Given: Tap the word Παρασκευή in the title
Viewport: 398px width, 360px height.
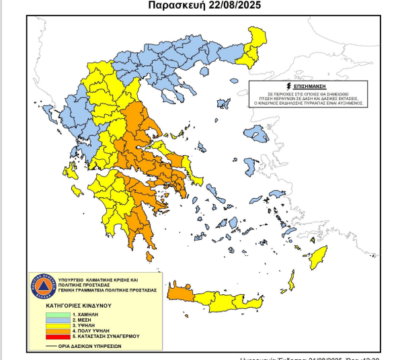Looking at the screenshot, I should click(x=169, y=6).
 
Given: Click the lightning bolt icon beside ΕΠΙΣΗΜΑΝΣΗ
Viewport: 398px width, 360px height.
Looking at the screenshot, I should click(x=290, y=87).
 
